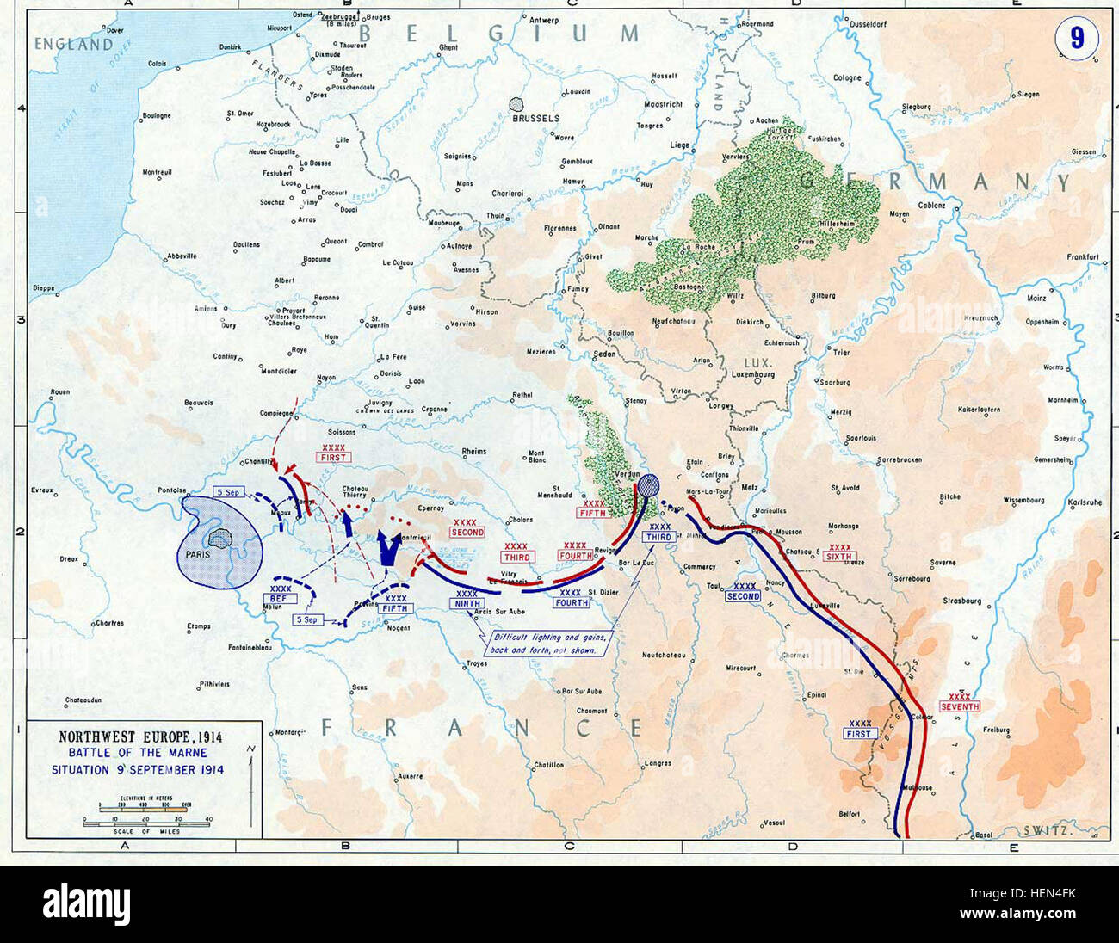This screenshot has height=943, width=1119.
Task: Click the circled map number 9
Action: pos(1075,38)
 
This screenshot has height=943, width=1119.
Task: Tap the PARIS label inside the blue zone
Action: pos(198,555)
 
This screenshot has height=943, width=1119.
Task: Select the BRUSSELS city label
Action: pos(535,118)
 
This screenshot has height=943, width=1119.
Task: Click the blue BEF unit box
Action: pos(281,597)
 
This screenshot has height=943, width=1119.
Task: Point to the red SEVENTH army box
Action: pos(959,706)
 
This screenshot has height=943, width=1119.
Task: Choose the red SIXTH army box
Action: pos(838,556)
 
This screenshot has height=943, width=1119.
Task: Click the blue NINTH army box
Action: pos(467,603)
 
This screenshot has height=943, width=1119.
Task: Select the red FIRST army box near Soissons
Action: pos(332,457)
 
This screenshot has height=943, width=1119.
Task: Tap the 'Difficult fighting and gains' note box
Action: pos(549,644)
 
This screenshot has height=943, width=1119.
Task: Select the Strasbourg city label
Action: pos(962,601)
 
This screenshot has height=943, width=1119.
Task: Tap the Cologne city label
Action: pos(847,77)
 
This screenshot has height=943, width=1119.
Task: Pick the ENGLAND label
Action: pos(73,44)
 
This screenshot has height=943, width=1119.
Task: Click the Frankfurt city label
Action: pos(1083,256)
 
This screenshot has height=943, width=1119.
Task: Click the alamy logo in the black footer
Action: pos(86,904)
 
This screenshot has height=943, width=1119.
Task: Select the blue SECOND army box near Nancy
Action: pos(742,595)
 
